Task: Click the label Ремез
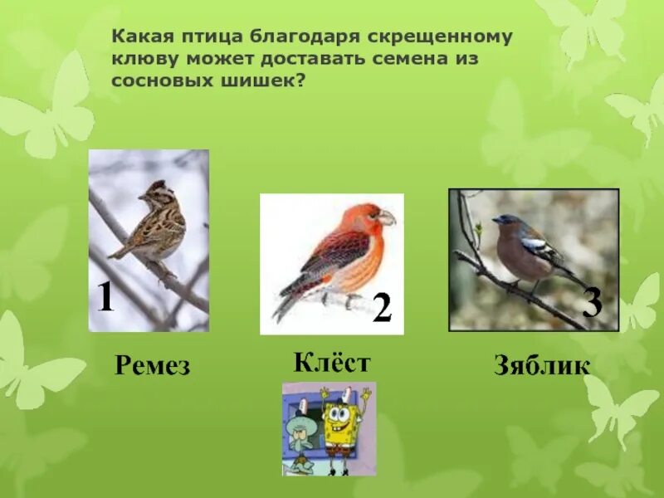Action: pyautogui.click(x=152, y=366)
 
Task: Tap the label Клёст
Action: pyautogui.click(x=331, y=363)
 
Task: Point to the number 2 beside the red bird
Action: pyautogui.click(x=382, y=309)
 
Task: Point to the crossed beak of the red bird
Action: pyautogui.click(x=386, y=218)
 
